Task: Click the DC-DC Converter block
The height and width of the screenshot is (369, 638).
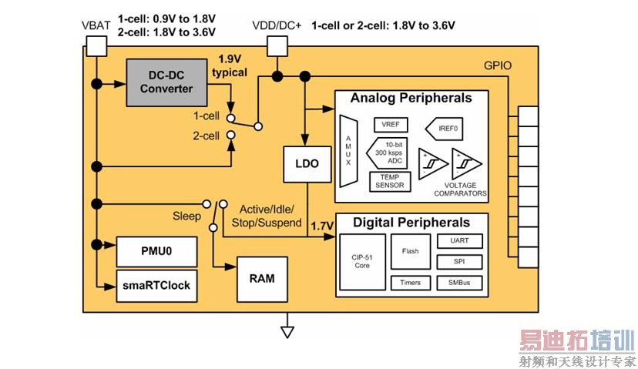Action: click(166, 82)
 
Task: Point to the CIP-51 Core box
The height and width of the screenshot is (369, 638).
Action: click(361, 261)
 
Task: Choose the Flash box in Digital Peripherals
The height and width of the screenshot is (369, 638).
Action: click(410, 251)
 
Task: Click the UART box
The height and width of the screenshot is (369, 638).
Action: click(454, 241)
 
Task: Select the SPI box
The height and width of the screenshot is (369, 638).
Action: click(454, 262)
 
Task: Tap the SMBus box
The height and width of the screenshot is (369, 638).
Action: click(454, 283)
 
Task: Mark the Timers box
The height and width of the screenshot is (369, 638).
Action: click(410, 283)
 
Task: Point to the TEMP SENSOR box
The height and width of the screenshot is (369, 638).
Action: click(391, 181)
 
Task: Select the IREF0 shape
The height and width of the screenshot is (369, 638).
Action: click(445, 125)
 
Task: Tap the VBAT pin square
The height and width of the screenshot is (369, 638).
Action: click(96, 45)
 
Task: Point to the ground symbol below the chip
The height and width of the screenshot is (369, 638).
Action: click(287, 332)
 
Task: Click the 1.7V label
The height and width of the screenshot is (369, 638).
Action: click(321, 226)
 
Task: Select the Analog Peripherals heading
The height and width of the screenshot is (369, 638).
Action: click(411, 99)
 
